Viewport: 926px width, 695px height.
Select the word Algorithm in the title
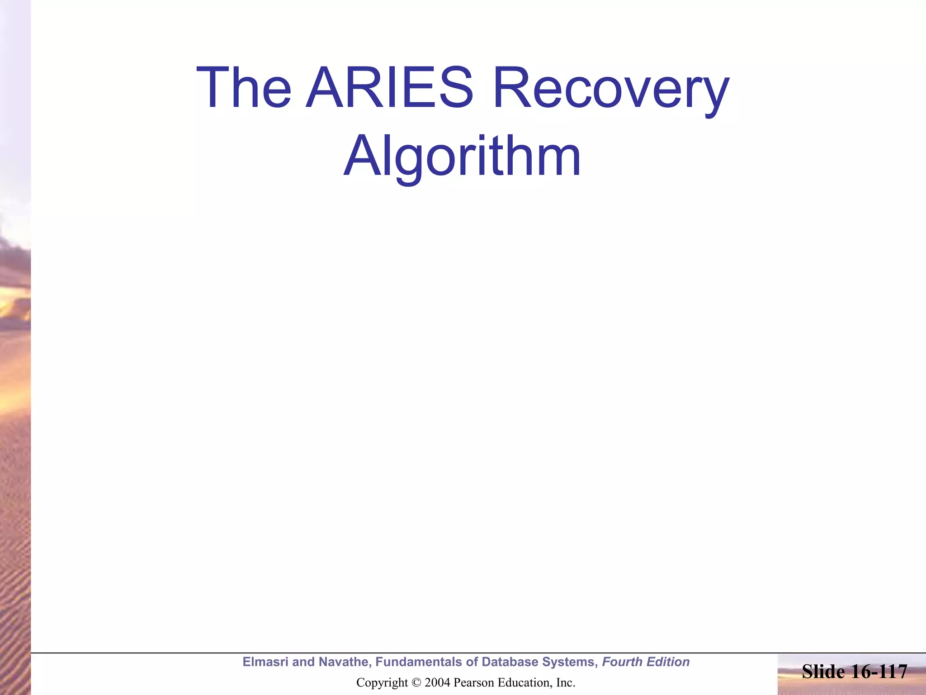point(462,156)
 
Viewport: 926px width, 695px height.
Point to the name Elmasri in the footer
point(265,662)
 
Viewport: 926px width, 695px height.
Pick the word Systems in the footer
point(570,662)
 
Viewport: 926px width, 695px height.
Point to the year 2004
point(437,682)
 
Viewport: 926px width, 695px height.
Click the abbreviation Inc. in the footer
point(565,682)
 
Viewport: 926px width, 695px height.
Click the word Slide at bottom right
point(823,671)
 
